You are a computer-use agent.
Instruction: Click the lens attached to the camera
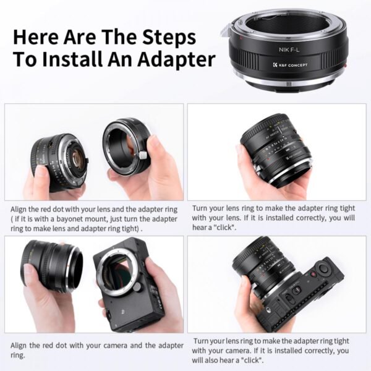(260, 267)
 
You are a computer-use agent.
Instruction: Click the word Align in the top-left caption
(20, 210)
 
